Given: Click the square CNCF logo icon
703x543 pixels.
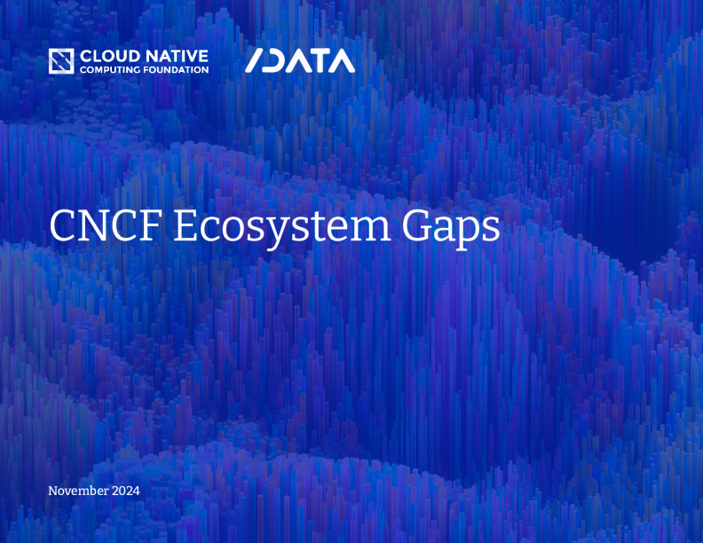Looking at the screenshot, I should [x=61, y=61].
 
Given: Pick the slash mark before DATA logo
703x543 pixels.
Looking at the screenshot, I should [x=254, y=60].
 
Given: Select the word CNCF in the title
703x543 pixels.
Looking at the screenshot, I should [x=106, y=226].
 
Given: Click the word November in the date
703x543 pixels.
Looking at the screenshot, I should [x=78, y=491].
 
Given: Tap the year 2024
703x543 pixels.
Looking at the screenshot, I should [x=126, y=491].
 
